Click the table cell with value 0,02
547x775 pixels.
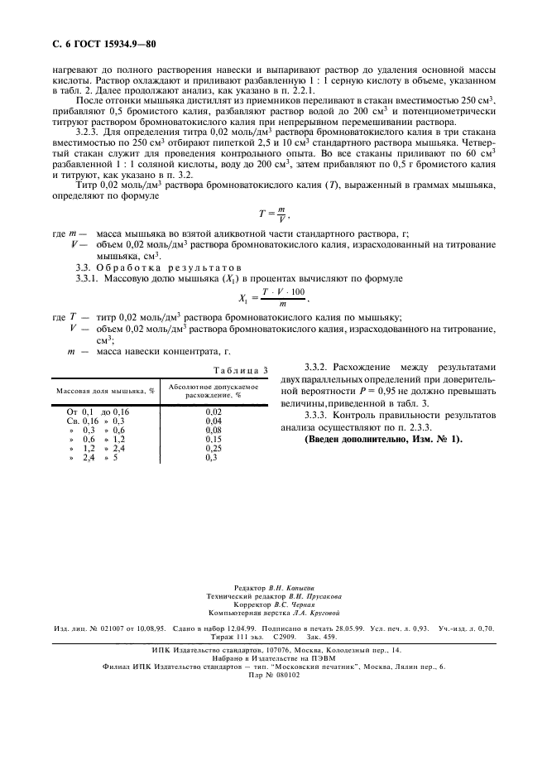tap(214, 411)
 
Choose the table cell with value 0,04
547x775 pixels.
tap(214, 421)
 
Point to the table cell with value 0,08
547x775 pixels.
tap(214, 430)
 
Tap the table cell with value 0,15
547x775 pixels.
tap(214, 439)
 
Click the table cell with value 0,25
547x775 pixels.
tap(214, 448)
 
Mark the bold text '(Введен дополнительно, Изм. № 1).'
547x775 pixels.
tap(384, 438)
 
